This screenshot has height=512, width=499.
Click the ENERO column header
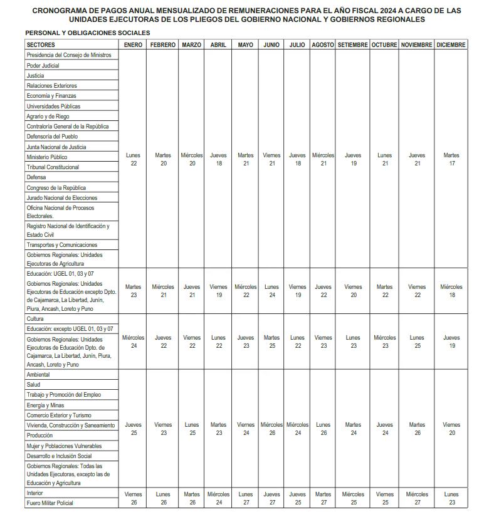point(133,45)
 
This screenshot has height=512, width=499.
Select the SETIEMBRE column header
point(352,45)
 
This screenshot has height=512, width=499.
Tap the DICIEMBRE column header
point(451,45)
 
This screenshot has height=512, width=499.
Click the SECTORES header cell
point(41,45)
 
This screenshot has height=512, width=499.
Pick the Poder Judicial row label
point(43,65)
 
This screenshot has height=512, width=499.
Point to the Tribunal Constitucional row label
point(53,167)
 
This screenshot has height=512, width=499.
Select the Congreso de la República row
point(56,188)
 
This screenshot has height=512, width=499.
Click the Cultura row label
point(35,319)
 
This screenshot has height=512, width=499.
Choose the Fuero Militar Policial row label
point(50,503)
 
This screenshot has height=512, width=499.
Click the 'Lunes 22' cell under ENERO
point(133,159)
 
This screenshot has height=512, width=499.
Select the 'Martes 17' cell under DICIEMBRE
point(451,159)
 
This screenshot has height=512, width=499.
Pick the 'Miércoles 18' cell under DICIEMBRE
point(451,291)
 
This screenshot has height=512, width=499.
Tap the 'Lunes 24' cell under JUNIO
point(271,291)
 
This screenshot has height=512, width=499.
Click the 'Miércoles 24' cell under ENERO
point(133,342)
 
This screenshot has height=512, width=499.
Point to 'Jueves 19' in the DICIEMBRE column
point(451,342)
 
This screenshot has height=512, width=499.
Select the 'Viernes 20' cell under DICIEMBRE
point(451,429)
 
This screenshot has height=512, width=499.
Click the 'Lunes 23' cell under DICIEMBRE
point(451,498)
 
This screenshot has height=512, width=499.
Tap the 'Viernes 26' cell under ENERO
point(133,498)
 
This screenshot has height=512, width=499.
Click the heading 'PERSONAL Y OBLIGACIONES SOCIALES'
point(87,33)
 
